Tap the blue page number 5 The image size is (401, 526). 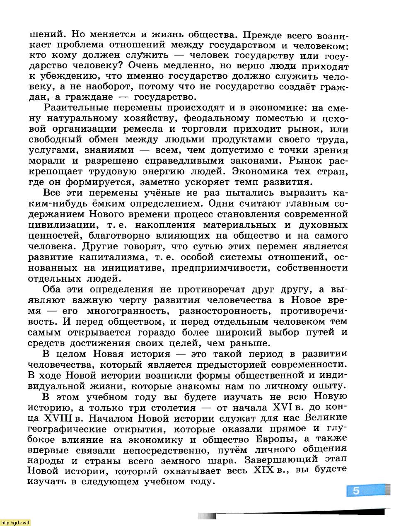pos(356,491)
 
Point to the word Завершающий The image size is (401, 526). pos(281,460)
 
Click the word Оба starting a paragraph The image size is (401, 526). pos(52,290)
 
